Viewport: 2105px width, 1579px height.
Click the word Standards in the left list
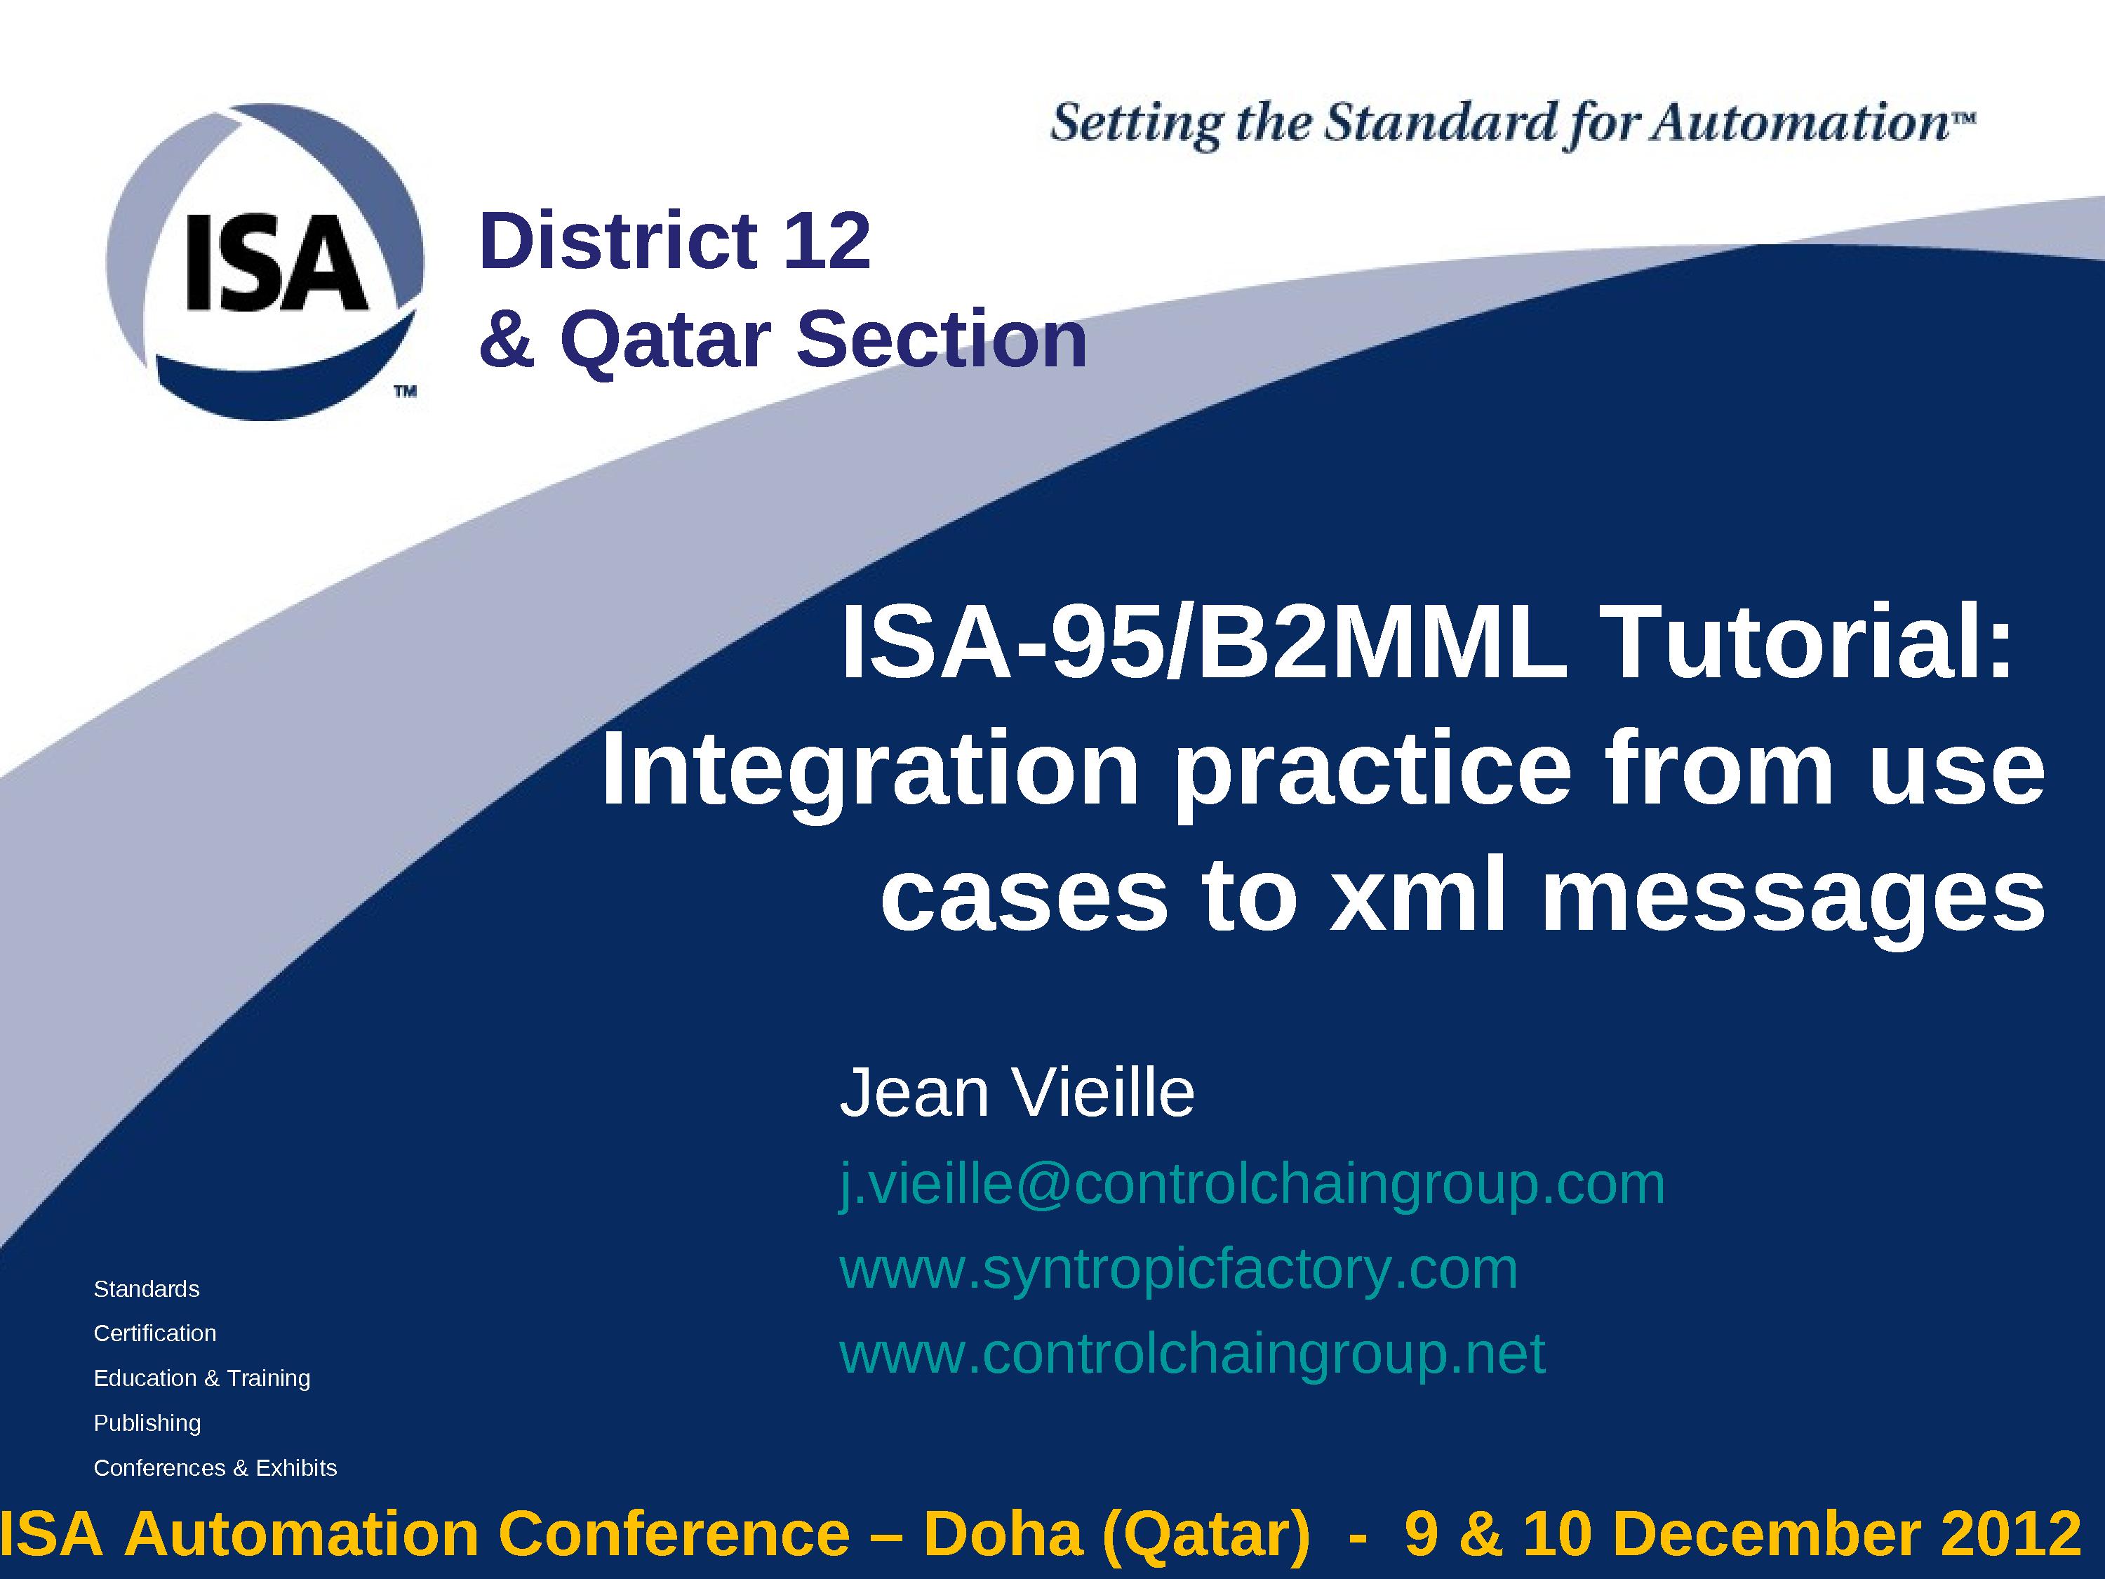pyautogui.click(x=147, y=1288)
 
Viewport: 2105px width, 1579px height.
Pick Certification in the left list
pyautogui.click(x=155, y=1333)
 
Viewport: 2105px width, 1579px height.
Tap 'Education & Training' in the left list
pyautogui.click(x=202, y=1378)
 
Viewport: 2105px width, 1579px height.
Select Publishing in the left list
pyautogui.click(x=147, y=1423)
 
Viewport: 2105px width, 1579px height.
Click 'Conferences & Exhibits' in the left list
pyautogui.click(x=215, y=1467)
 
